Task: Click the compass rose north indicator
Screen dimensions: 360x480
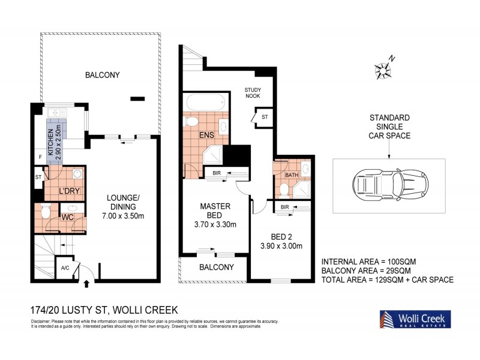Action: pyautogui.click(x=382, y=69)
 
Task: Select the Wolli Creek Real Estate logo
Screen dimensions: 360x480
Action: pyautogui.click(x=413, y=319)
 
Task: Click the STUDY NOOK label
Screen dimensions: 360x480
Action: pyautogui.click(x=252, y=93)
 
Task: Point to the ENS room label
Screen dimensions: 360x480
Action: pyautogui.click(x=206, y=136)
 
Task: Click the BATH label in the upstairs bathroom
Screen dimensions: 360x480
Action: pyautogui.click(x=292, y=175)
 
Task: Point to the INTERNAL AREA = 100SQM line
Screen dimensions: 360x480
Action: pyautogui.click(x=368, y=262)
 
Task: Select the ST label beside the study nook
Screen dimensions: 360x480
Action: pyautogui.click(x=264, y=116)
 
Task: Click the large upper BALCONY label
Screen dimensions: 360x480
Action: pyautogui.click(x=103, y=75)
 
